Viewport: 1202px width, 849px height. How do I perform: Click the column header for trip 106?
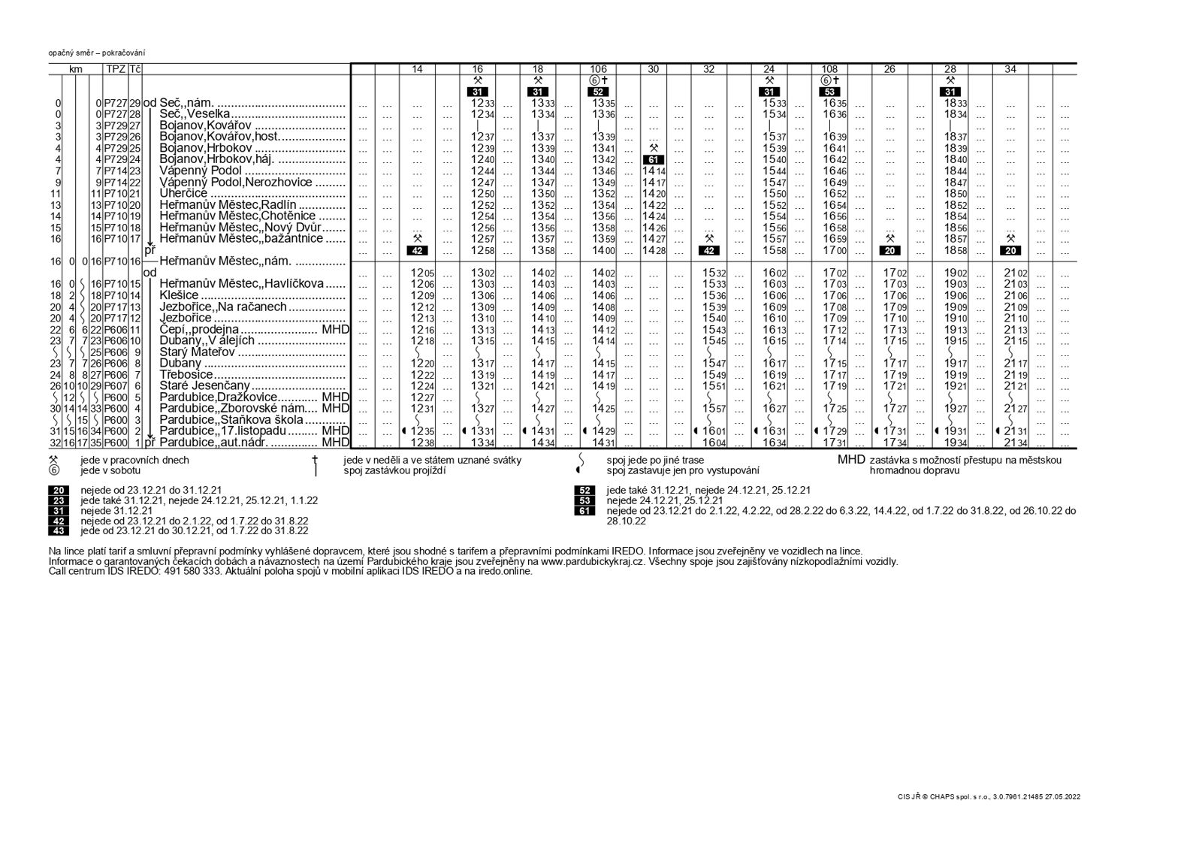point(598,69)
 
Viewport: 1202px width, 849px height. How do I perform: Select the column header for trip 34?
point(1010,69)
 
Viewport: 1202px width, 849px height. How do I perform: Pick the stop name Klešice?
point(179,295)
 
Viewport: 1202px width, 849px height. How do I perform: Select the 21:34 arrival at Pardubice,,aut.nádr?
point(1010,443)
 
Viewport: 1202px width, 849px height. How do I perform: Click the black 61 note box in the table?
point(653,160)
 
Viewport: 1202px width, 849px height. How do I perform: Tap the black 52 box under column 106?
point(598,92)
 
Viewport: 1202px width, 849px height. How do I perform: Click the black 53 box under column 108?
point(829,92)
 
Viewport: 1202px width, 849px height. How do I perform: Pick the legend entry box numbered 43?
point(59,530)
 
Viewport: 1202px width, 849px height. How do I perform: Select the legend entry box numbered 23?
point(59,500)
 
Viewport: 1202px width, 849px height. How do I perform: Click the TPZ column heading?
point(115,69)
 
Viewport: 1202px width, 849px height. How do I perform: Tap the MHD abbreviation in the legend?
point(851,460)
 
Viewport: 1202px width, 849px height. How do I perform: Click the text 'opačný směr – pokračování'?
point(97,53)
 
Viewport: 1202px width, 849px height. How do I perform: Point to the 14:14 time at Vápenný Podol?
point(654,171)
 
